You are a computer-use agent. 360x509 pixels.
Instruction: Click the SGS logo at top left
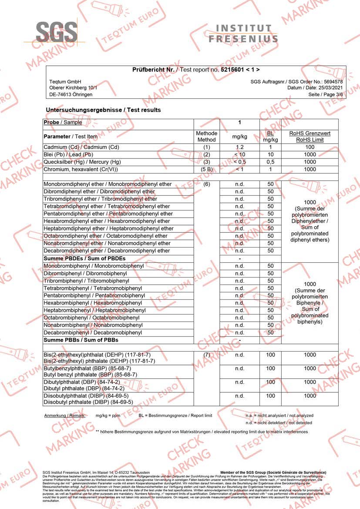coord(57,33)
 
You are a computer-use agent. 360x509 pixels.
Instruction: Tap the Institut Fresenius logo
coord(243,33)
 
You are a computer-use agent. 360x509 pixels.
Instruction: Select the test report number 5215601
coord(235,70)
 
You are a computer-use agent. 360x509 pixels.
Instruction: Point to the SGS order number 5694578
coord(329,82)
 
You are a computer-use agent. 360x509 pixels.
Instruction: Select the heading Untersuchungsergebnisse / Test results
coord(103,110)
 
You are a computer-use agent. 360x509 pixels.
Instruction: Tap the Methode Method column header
coord(206,137)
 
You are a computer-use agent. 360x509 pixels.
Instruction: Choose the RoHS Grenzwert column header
coord(310,137)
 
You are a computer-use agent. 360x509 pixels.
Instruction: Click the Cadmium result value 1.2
coord(239,147)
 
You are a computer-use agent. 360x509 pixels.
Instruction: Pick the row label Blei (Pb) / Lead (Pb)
coord(75,155)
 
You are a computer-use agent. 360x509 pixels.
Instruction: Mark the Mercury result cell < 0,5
coord(239,162)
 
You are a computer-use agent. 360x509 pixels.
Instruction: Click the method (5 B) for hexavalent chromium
coord(206,170)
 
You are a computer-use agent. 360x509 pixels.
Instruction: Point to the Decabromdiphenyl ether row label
coord(107,251)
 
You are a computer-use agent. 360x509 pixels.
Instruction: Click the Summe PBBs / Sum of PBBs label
coord(81,340)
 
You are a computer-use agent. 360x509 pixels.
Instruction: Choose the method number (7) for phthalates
coord(206,355)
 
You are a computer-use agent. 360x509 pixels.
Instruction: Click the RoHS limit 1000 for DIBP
coord(310,396)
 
